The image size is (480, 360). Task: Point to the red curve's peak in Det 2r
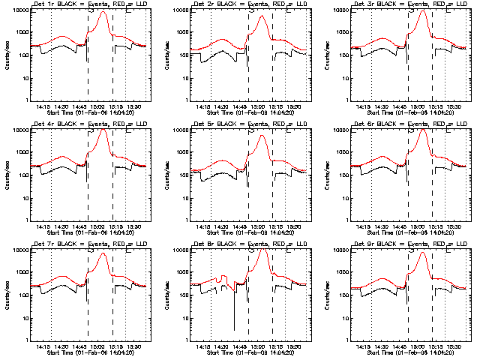(x=262, y=16)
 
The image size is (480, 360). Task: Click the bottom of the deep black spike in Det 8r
(x=234, y=329)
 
